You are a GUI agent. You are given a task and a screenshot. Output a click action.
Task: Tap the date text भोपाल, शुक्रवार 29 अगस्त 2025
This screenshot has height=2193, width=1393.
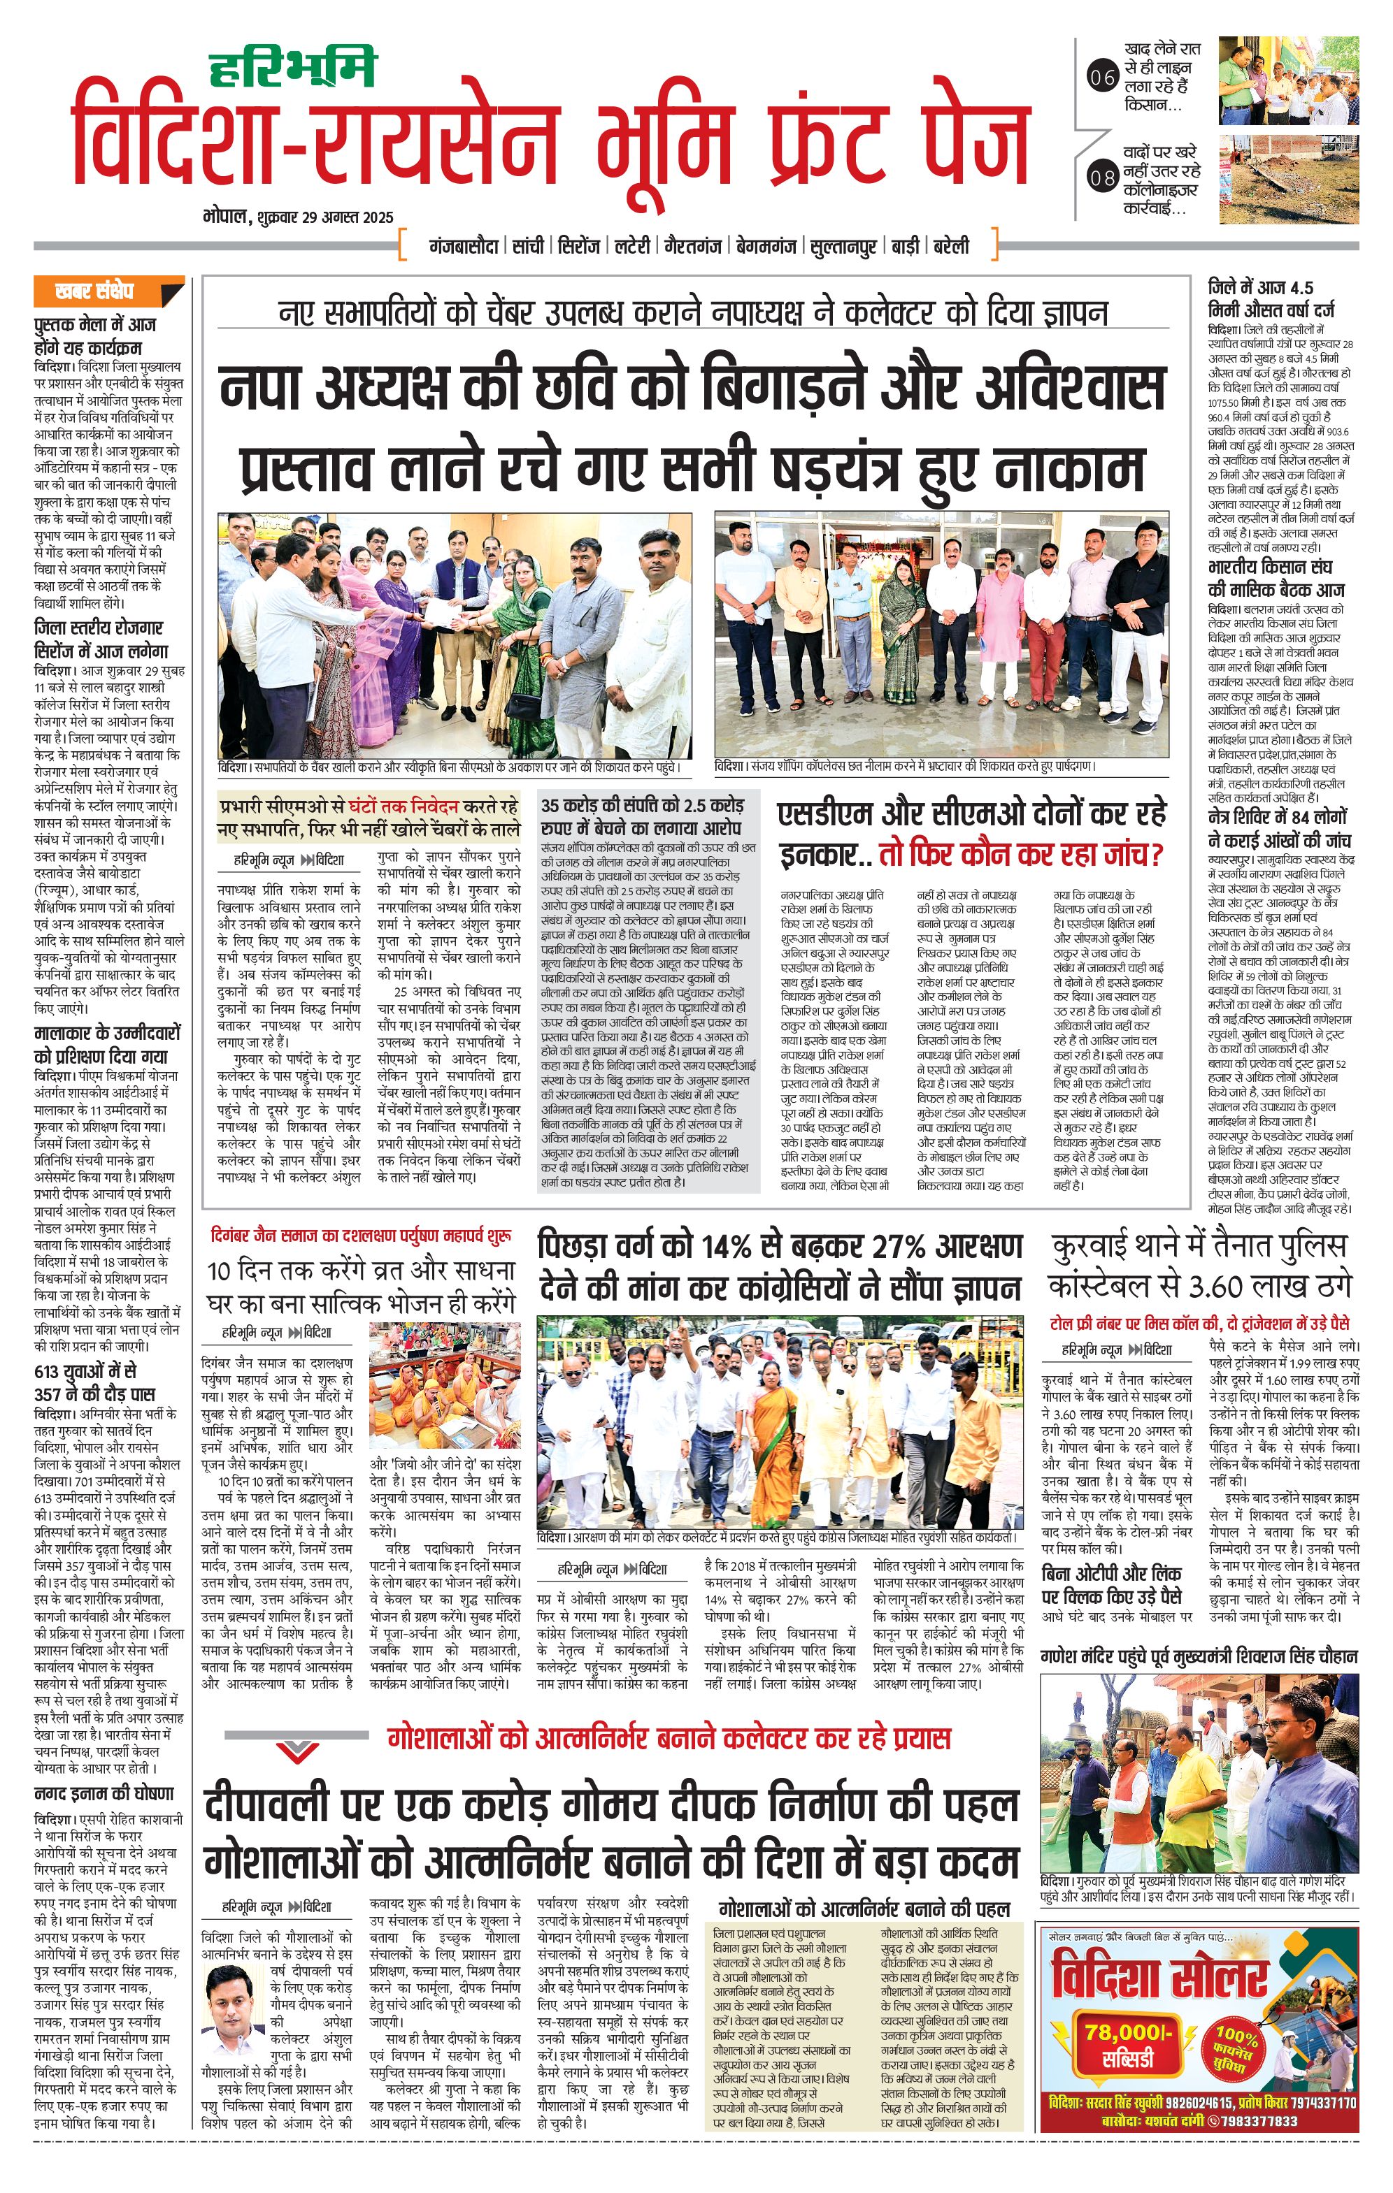299,217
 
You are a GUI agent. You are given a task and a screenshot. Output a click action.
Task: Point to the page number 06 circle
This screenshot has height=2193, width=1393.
1102,78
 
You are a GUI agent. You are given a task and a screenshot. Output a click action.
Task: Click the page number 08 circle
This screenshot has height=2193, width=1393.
1102,178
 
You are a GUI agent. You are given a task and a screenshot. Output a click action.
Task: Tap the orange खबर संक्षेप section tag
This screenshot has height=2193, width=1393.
108,291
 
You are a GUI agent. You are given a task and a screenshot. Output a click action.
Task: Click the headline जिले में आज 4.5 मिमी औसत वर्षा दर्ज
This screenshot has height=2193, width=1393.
1272,298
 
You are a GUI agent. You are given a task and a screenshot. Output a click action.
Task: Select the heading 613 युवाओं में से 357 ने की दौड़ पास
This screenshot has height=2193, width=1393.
94,1382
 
